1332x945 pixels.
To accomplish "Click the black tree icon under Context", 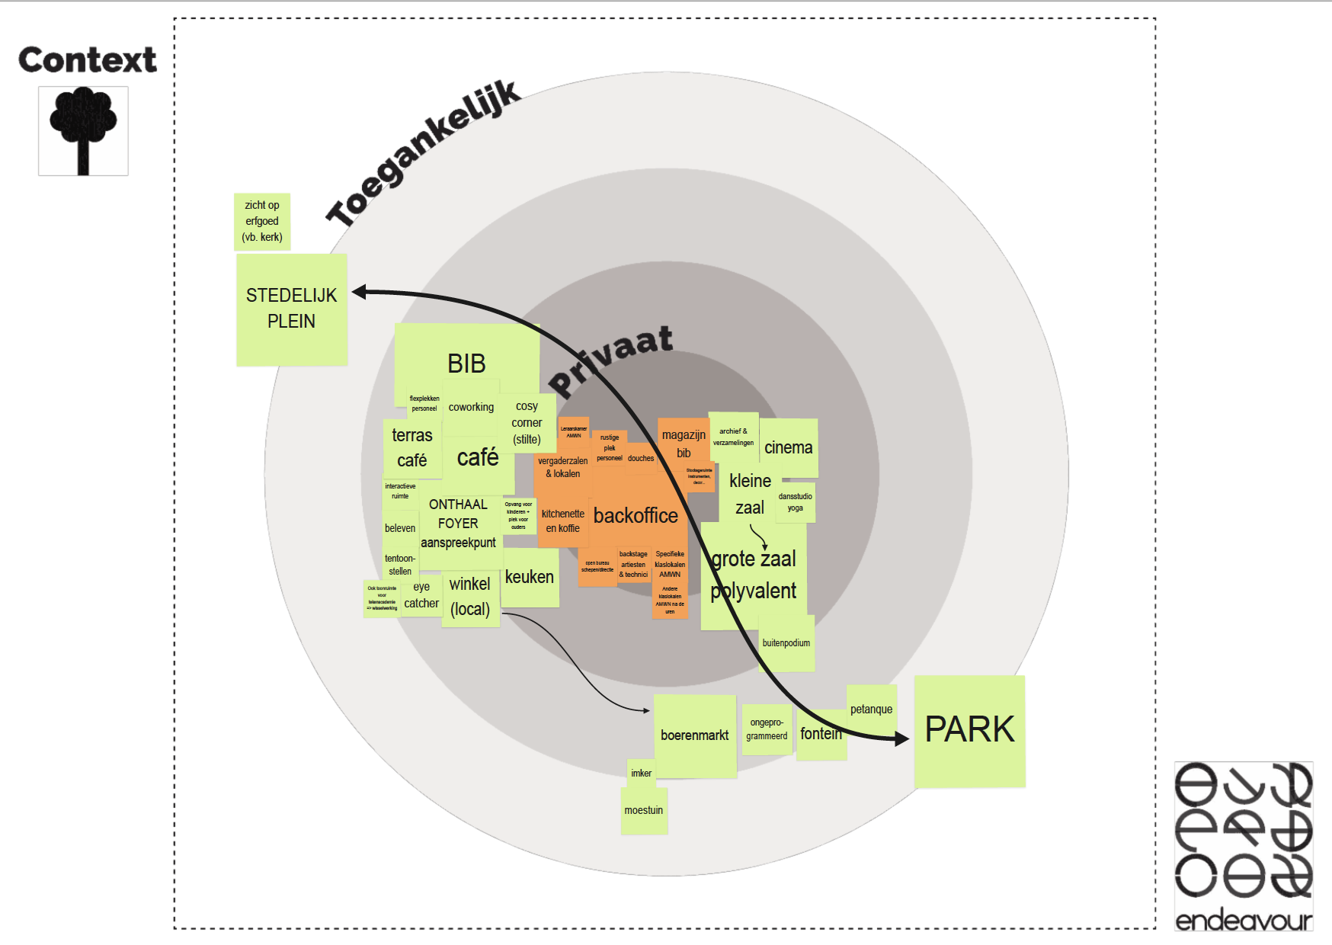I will point(83,130).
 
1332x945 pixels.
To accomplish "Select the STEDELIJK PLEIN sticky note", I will point(292,309).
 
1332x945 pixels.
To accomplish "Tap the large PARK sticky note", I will point(969,730).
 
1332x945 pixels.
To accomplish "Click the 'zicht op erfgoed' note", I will point(262,221).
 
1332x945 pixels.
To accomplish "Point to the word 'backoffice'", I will point(636,516).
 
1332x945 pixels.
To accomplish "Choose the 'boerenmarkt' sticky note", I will point(694,735).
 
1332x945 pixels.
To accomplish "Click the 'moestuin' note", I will point(644,811).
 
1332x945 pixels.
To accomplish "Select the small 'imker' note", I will point(641,774).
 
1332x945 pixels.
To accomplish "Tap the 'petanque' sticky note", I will point(871,709).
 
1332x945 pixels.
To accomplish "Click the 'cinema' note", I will point(789,447).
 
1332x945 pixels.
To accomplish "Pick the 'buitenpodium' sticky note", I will point(786,643).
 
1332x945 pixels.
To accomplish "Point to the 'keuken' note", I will point(530,578).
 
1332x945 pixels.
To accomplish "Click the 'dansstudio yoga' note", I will point(796,502).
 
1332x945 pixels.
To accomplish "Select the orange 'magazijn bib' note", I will point(684,444).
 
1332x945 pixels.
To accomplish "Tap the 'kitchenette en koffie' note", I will point(562,521).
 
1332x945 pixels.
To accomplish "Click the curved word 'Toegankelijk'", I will point(424,152).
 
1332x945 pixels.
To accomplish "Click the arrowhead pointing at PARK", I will point(901,738).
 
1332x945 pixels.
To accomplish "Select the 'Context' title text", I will point(87,59).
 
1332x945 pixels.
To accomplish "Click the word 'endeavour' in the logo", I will point(1244,921).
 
